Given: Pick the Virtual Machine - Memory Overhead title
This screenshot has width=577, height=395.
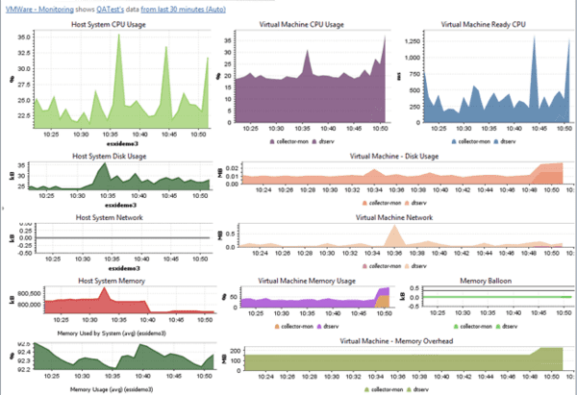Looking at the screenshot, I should (x=396, y=341).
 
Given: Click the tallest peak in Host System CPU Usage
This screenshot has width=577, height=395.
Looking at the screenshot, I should (x=119, y=37).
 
